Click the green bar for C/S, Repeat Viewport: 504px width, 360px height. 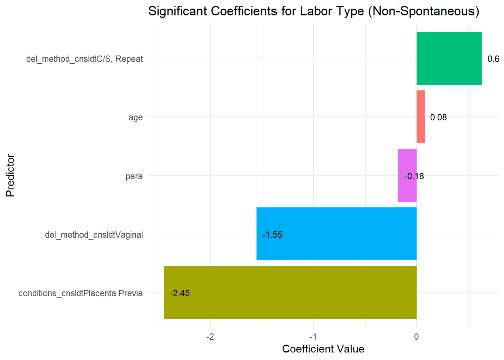449,58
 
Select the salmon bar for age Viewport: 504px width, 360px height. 420,117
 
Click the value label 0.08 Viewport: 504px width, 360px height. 438,117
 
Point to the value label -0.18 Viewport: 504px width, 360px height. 414,176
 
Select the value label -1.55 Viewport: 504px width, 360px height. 272,235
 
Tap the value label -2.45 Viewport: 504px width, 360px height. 180,293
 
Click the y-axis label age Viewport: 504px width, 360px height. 135,117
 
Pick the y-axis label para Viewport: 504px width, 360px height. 134,176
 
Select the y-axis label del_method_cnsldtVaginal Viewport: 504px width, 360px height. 94,235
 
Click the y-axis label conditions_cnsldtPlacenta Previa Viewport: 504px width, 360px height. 81,293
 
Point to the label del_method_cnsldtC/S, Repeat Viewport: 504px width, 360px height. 84,59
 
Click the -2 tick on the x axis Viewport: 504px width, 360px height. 210,337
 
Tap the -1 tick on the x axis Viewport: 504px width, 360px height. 313,337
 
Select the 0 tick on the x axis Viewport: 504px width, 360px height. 416,337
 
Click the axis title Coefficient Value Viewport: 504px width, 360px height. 323,349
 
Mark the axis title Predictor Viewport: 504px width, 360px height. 10,175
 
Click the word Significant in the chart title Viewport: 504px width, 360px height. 178,11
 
